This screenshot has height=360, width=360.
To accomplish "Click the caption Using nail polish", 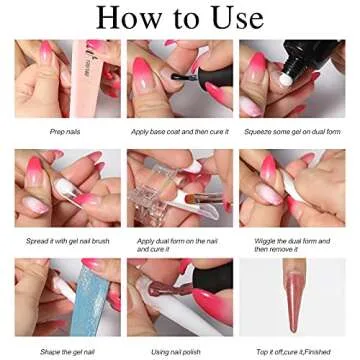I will (x=179, y=351).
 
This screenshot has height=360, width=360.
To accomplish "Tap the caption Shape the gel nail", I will (x=66, y=351).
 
